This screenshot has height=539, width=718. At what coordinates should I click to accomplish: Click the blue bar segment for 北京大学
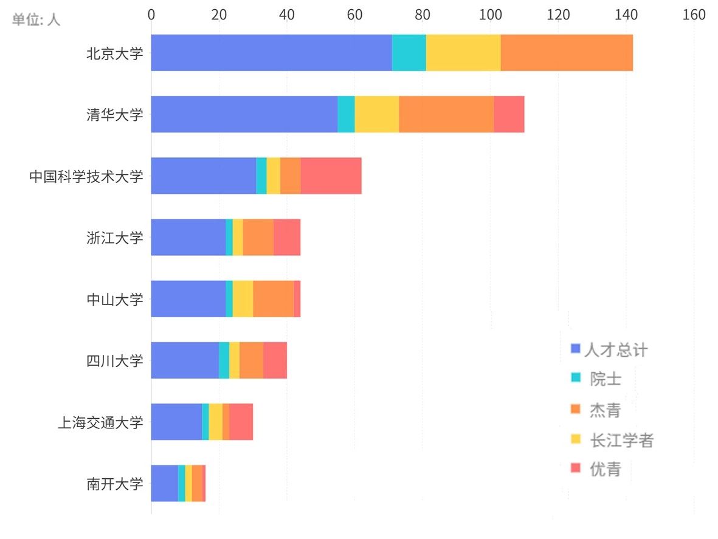click(x=271, y=53)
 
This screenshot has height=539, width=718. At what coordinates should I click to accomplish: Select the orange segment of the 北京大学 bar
click(x=567, y=53)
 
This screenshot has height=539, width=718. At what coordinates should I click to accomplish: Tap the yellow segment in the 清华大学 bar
click(x=376, y=114)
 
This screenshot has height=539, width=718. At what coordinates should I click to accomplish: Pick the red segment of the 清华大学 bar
click(x=509, y=114)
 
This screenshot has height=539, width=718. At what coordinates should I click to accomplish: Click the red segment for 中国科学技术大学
click(x=331, y=176)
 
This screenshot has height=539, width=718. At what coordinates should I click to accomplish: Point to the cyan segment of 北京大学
click(x=409, y=53)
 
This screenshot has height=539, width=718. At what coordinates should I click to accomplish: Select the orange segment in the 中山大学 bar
click(x=273, y=298)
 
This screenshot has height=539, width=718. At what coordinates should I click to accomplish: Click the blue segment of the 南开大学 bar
click(x=164, y=483)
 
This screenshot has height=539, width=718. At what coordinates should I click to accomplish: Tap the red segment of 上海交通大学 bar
click(x=241, y=422)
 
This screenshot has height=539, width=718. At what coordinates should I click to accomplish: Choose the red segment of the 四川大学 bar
click(x=275, y=360)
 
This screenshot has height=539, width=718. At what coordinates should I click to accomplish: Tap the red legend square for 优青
click(x=576, y=469)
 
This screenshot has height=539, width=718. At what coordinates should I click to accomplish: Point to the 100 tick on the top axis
click(x=490, y=15)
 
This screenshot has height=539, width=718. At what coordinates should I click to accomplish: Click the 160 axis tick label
click(x=694, y=15)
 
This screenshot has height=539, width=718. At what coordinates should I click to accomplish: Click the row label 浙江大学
click(x=115, y=237)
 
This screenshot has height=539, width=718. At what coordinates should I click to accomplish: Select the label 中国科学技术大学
click(x=86, y=176)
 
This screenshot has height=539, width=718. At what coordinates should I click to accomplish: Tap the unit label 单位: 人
click(x=36, y=19)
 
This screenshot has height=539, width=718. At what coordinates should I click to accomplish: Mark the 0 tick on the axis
click(x=151, y=15)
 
